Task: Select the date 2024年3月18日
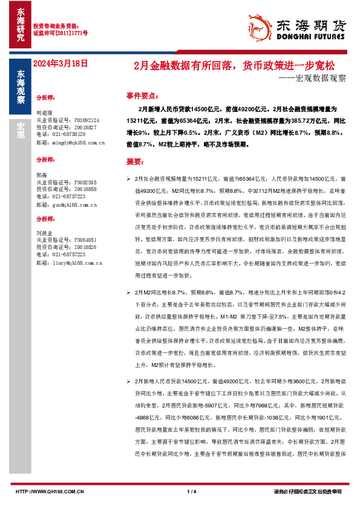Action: (x=61, y=62)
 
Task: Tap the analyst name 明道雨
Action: (x=45, y=113)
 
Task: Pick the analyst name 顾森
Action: (x=41, y=174)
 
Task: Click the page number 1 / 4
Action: (x=192, y=491)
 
